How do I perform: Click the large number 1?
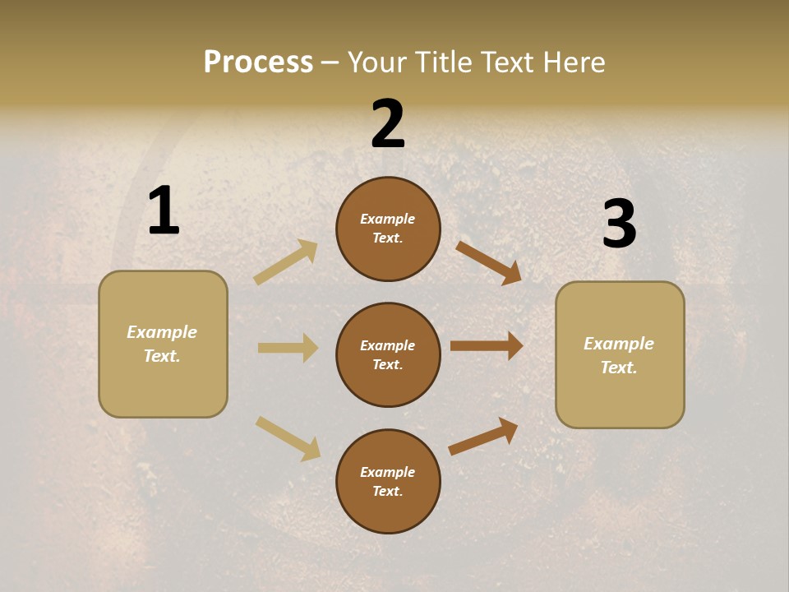point(164,211)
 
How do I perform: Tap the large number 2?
point(388,124)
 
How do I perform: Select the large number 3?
point(619,224)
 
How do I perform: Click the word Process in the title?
point(258,62)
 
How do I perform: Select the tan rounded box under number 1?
point(163,344)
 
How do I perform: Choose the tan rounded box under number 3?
point(620,354)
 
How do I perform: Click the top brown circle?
point(388,229)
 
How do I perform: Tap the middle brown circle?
point(388,354)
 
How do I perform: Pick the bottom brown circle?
point(388,481)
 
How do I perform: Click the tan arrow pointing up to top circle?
point(286,262)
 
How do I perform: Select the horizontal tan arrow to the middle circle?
point(288,348)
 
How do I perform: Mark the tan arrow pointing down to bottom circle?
point(288,438)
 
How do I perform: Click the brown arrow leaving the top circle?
point(488,262)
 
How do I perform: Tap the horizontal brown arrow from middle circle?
point(487,346)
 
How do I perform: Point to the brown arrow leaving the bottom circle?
point(483,436)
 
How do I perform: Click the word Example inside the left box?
point(162,332)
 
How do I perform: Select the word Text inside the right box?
point(618,368)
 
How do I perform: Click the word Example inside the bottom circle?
point(388,472)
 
